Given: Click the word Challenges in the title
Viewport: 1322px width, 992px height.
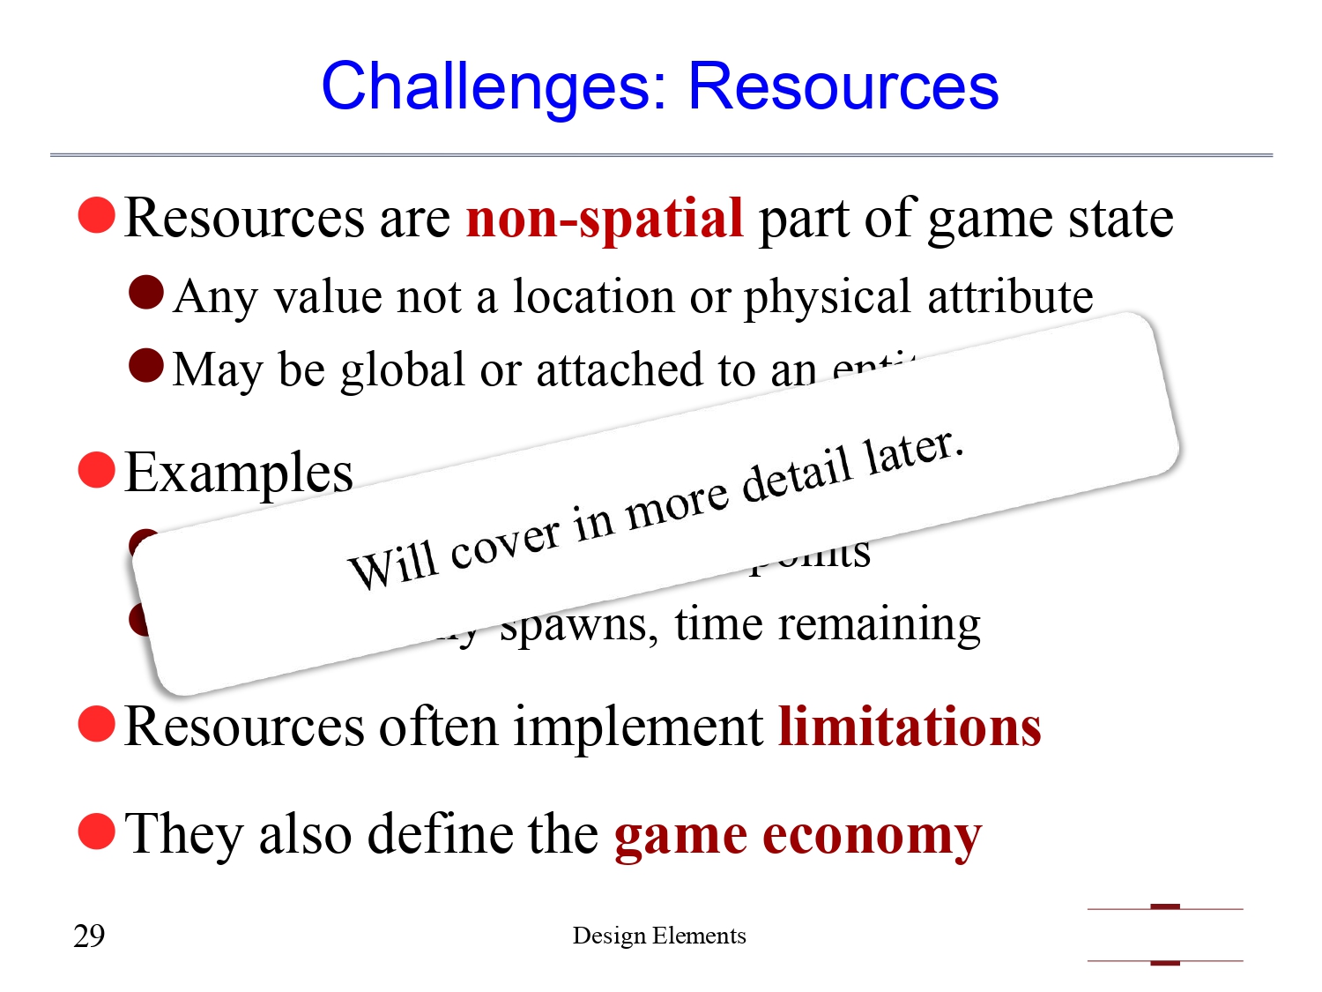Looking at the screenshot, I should [x=486, y=87].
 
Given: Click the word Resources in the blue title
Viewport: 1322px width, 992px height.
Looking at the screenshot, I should [x=843, y=87].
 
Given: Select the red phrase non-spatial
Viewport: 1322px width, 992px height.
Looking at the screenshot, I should [x=605, y=219].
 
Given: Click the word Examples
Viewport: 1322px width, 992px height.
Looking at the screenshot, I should [x=239, y=473].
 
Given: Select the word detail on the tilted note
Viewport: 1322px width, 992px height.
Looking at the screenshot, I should [x=797, y=477].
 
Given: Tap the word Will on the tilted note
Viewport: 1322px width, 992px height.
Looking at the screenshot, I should [x=392, y=566].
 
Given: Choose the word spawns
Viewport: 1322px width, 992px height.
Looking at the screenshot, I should [x=578, y=625].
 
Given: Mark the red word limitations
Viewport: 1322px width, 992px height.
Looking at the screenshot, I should [x=910, y=727].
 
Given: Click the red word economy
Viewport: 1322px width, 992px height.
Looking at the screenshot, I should [x=872, y=835].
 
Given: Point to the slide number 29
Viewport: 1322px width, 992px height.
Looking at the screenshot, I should [x=89, y=936].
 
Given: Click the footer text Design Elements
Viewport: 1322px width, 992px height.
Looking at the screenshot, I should [x=659, y=936].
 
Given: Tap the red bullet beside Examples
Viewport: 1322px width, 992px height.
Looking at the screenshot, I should [x=97, y=470].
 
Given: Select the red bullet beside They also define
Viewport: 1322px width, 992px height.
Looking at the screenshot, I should [x=97, y=832].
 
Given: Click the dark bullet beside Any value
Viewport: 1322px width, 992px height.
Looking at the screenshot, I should [x=146, y=293].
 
